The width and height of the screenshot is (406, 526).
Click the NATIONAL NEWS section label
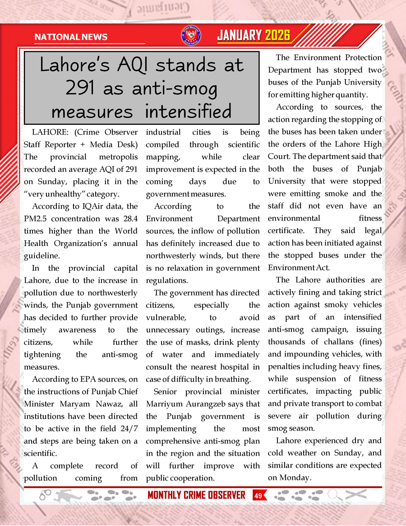coord(71,37)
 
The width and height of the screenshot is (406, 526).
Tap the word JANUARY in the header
coord(240,35)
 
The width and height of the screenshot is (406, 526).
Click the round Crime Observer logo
coord(191,36)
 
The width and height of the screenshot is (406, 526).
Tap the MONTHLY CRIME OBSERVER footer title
coord(196,495)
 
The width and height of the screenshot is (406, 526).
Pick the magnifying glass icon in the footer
coord(334,495)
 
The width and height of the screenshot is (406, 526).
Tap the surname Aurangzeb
coord(212,404)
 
